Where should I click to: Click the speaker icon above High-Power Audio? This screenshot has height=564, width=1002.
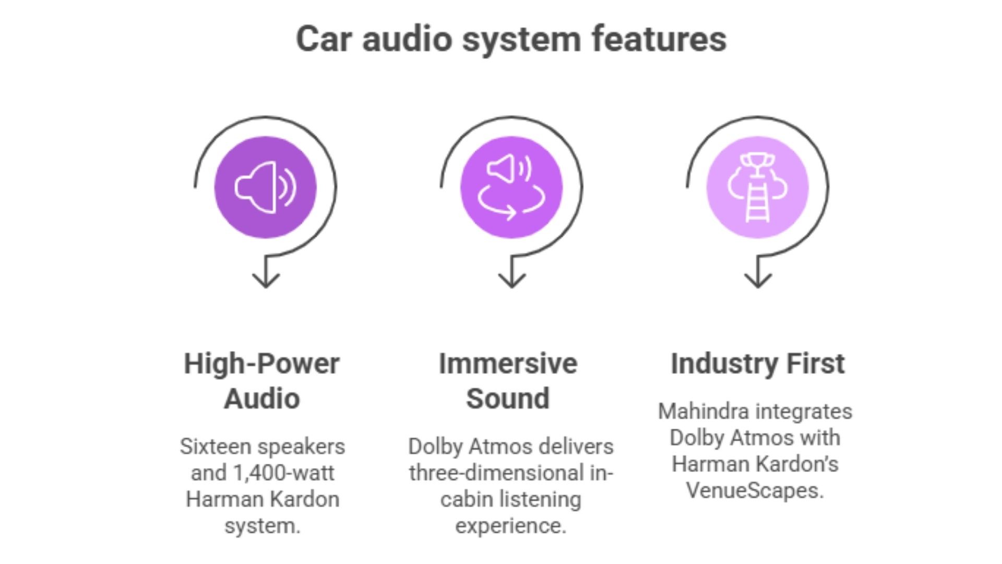pos(266,187)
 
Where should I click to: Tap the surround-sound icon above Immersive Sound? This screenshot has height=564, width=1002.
pos(511,187)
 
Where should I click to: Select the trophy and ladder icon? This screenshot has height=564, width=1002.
pos(757,187)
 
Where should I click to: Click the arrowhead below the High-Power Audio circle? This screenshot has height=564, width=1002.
pos(266,281)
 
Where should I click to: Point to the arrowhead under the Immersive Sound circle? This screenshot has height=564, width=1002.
pos(511,281)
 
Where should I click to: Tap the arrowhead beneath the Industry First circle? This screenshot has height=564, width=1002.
pos(757,281)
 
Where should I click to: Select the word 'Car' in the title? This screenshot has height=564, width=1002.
pos(322,39)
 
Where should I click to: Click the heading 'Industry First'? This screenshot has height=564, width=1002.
pos(757,364)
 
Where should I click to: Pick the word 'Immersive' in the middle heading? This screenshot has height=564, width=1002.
pos(508,364)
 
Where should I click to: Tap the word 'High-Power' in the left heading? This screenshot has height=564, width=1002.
pos(261,364)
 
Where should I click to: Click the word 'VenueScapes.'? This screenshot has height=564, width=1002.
pos(755,490)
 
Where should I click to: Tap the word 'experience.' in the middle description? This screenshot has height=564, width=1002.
pos(510,525)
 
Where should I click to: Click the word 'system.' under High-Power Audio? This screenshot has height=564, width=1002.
pos(263,525)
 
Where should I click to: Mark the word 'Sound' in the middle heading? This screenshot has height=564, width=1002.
pos(508,399)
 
